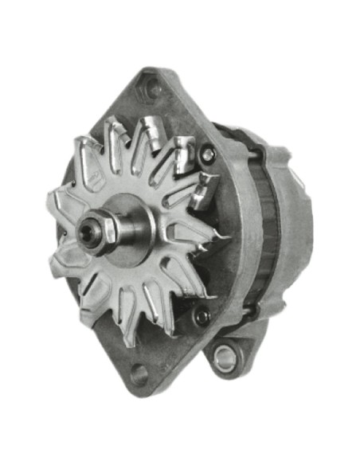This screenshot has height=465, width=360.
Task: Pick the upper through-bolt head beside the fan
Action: (209, 154)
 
